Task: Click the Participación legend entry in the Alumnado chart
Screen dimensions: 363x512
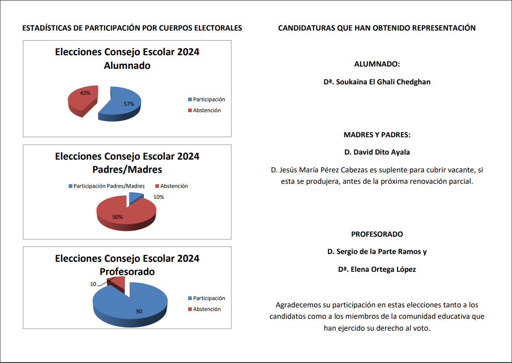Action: pyautogui.click(x=206, y=99)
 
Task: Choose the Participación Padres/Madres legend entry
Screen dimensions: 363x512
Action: pyautogui.click(x=107, y=186)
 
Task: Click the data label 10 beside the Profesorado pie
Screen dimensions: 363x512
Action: pyautogui.click(x=93, y=284)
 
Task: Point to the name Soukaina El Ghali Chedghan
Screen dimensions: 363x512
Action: pyautogui.click(x=377, y=82)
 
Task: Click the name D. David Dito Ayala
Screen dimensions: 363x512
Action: pyautogui.click(x=377, y=152)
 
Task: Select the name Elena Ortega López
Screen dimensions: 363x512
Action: pyautogui.click(x=377, y=269)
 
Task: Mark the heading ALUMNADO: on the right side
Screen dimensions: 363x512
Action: pyautogui.click(x=377, y=64)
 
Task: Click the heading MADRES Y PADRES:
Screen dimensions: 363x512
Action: pyautogui.click(x=377, y=135)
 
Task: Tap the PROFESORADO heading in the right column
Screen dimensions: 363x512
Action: pyautogui.click(x=377, y=234)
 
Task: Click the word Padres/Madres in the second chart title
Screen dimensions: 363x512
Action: pyautogui.click(x=127, y=170)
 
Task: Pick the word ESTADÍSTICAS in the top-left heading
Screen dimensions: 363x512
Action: pyautogui.click(x=46, y=28)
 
